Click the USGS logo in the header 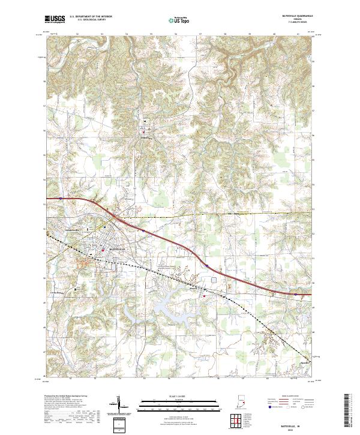coord(55,19)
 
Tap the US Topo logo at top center coord(180,20)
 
